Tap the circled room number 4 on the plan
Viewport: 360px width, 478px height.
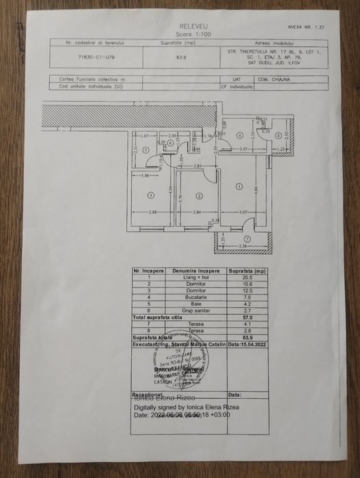(238, 135)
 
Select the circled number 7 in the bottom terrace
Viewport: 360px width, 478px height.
(247, 239)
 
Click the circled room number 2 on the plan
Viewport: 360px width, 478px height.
(199, 195)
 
